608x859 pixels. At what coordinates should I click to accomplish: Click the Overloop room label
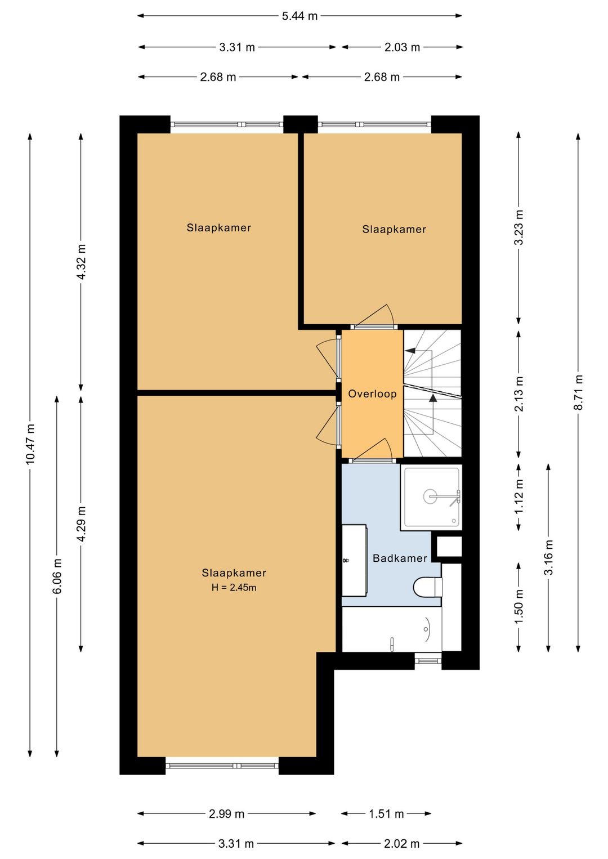(x=372, y=394)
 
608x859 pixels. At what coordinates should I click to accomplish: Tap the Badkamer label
(x=400, y=558)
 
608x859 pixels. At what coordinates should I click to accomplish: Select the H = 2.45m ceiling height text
(x=234, y=587)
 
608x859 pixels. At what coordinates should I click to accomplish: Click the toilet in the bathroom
(x=428, y=587)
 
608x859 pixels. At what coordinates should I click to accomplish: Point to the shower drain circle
(x=430, y=496)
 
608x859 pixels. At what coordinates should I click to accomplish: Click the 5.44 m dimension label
(x=299, y=16)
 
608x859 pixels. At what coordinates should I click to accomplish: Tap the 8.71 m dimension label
(x=578, y=392)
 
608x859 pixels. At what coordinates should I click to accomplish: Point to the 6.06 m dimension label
(x=57, y=576)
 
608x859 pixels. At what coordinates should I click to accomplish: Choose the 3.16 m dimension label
(x=548, y=557)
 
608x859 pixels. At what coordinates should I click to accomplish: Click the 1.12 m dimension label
(x=519, y=497)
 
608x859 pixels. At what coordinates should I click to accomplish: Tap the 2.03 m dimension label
(x=402, y=47)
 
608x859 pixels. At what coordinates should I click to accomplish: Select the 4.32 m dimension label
(x=81, y=262)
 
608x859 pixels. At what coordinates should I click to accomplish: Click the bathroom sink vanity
(x=355, y=560)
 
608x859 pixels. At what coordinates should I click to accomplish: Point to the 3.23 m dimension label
(x=519, y=227)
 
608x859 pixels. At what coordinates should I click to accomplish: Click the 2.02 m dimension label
(x=401, y=843)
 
